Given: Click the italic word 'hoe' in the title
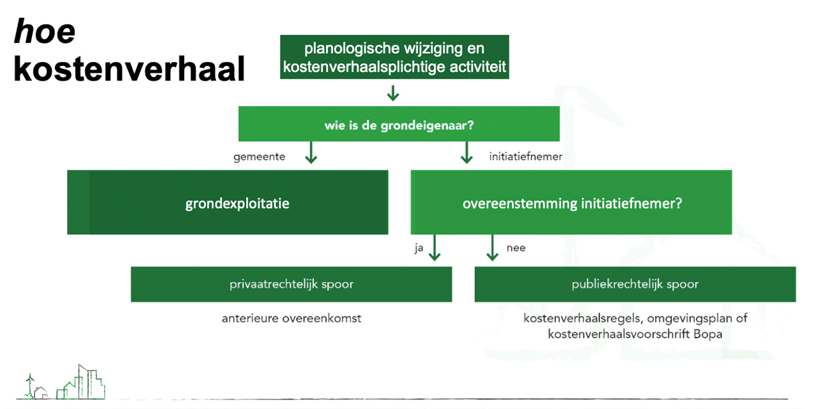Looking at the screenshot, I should [45, 32].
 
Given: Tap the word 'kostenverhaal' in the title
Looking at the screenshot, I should [130, 69].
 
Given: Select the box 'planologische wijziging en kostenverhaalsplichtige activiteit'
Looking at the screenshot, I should [394, 58].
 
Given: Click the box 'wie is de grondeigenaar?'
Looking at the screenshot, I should [399, 124].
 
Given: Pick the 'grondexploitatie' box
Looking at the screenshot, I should [228, 203].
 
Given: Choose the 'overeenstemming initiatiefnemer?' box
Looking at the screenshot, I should [571, 203].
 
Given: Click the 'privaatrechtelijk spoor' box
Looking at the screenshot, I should [291, 284].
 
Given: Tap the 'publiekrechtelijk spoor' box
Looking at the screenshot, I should [635, 284].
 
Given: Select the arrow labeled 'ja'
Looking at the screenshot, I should [435, 248].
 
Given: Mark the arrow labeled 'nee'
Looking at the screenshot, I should [492, 248].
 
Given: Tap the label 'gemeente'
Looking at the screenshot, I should [259, 156].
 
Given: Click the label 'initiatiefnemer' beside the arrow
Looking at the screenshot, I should [525, 156].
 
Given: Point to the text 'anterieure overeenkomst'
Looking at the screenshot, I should [291, 318].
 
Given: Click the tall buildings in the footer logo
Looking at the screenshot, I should [86, 382].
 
